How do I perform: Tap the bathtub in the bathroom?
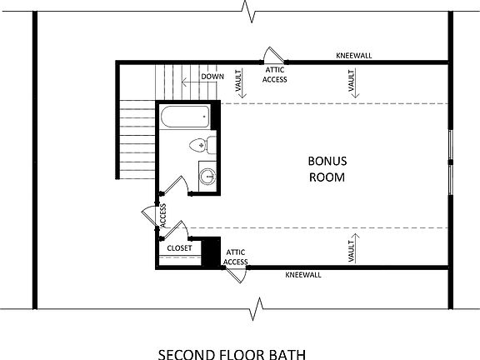tap(187, 117)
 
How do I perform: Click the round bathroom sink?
tap(207, 177)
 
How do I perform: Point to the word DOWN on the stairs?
tap(212, 77)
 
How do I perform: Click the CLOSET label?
tap(179, 248)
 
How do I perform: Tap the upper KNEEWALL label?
tap(353, 55)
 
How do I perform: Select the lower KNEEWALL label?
tap(302, 274)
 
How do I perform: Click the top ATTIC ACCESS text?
tap(275, 75)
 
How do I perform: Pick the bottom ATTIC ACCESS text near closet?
tap(236, 257)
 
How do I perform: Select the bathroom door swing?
tap(176, 185)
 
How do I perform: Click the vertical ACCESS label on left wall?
tap(163, 215)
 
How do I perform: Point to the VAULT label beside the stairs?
tap(239, 82)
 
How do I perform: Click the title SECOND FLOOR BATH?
tap(231, 352)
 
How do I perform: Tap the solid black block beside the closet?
tap(212, 251)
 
